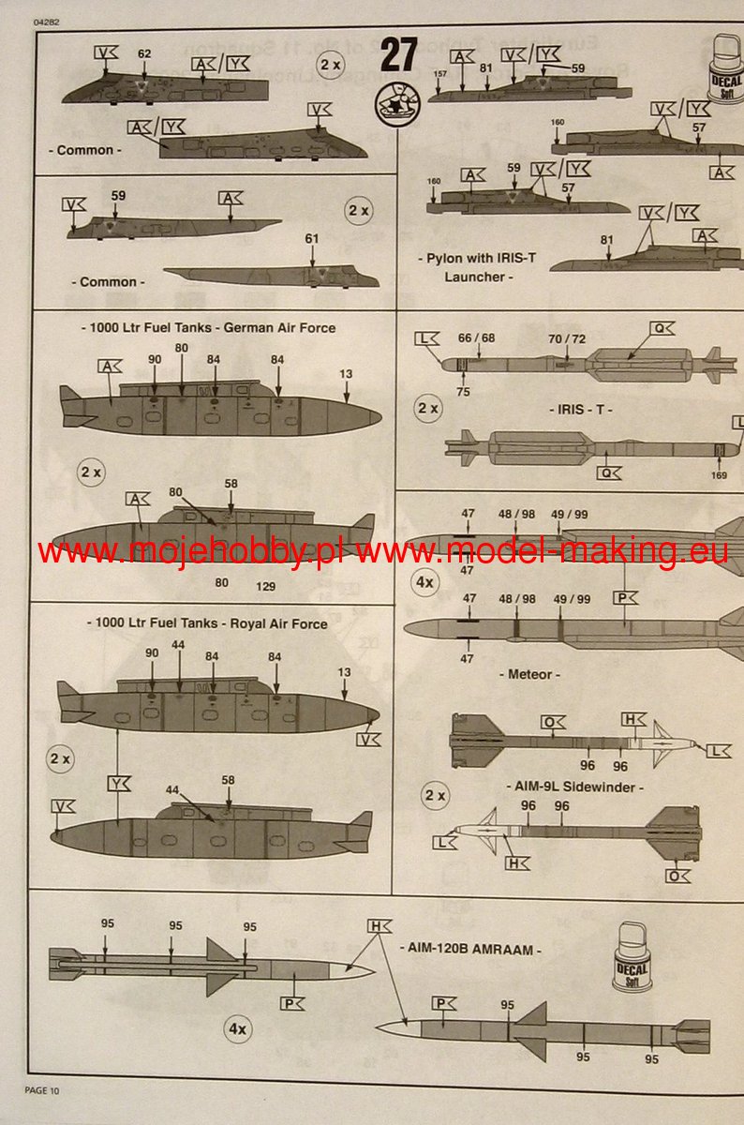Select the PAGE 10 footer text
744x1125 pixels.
(41, 1089)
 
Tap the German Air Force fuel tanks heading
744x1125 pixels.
(208, 328)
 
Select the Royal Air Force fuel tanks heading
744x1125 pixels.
(207, 623)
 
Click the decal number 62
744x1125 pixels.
(144, 54)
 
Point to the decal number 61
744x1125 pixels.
(312, 239)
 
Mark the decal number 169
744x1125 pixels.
(719, 474)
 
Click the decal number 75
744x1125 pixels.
(463, 392)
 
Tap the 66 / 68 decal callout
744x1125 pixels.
(476, 338)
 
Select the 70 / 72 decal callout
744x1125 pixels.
(567, 338)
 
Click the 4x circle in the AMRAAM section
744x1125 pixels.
(238, 1028)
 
